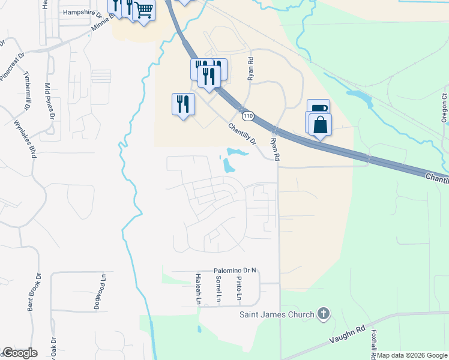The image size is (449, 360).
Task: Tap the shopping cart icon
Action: (x=143, y=10)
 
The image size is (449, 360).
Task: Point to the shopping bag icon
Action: (x=320, y=125)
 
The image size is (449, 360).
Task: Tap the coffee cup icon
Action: (x=318, y=109)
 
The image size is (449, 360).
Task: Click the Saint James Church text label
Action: (x=277, y=314)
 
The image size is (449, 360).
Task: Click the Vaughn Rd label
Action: (x=348, y=335)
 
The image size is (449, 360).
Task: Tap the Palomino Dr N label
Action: (x=235, y=271)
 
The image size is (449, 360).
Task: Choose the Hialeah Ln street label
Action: (x=198, y=289)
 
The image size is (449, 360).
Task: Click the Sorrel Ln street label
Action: (x=218, y=289)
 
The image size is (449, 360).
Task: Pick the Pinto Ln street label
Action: (x=239, y=289)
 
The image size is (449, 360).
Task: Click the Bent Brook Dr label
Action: (x=34, y=293)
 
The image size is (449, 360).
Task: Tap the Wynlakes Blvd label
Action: (x=26, y=139)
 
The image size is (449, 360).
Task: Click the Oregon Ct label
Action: (x=444, y=108)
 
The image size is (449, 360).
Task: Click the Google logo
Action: (x=20, y=353)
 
